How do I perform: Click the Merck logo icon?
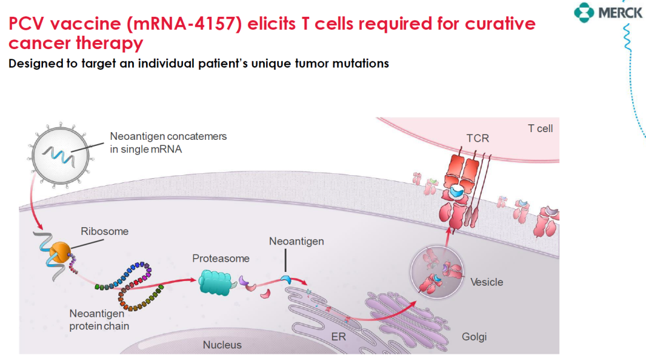click(x=584, y=13)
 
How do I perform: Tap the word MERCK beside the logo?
click(x=620, y=13)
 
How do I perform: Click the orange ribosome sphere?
click(x=60, y=252)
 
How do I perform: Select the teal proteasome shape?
click(x=215, y=282)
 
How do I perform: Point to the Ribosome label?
click(x=105, y=231)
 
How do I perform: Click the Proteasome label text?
click(x=221, y=259)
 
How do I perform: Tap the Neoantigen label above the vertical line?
click(x=297, y=241)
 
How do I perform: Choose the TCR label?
click(x=478, y=138)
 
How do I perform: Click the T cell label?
click(x=541, y=129)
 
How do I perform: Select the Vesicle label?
click(x=486, y=282)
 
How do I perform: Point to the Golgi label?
click(x=474, y=336)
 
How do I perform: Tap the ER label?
click(x=339, y=336)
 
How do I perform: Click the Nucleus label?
click(x=222, y=345)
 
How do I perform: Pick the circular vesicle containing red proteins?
click(x=437, y=272)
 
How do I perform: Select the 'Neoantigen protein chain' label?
click(x=99, y=320)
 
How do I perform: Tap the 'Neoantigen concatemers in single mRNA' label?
click(x=168, y=143)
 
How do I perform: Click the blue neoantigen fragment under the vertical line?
click(x=286, y=280)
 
